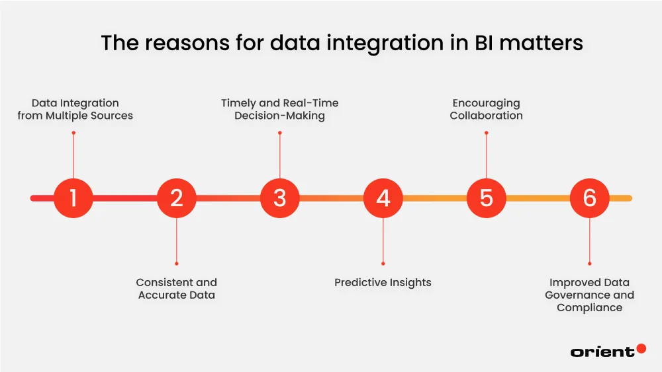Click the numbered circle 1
[x=73, y=198]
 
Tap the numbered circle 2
[x=176, y=198]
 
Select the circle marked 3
[x=279, y=198]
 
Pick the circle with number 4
[x=383, y=198]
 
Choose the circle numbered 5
[x=486, y=198]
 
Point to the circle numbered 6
[x=589, y=198]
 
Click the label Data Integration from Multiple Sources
[x=75, y=109]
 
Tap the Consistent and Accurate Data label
[x=177, y=289]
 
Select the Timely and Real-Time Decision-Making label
[x=279, y=109]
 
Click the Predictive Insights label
[x=383, y=283]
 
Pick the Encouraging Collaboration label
[x=486, y=109]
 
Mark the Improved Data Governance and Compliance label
[x=589, y=295]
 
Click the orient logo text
[x=602, y=352]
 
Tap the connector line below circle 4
[x=383, y=241]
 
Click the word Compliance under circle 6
[x=589, y=308]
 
